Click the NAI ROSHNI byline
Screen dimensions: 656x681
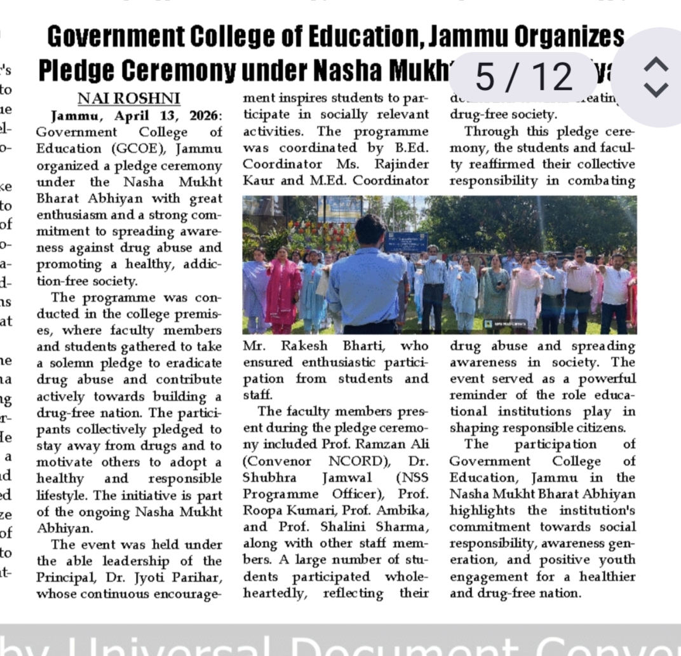[x=129, y=99]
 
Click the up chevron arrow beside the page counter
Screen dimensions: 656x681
[x=656, y=64]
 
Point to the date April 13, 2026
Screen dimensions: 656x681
[x=170, y=116]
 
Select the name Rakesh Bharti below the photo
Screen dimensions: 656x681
[x=337, y=346]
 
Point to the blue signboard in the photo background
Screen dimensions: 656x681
[x=406, y=242]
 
